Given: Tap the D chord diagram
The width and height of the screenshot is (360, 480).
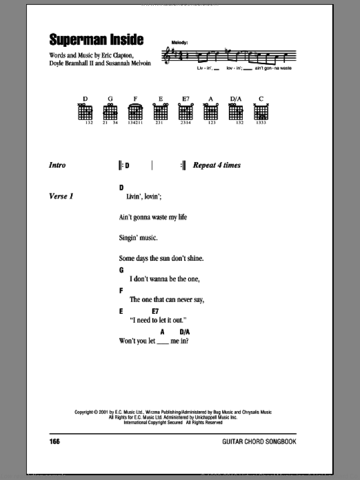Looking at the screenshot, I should coord(85,112).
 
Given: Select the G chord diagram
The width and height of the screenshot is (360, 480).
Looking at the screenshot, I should coord(110,112).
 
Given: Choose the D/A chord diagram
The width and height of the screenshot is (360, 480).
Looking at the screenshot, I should coord(236,112).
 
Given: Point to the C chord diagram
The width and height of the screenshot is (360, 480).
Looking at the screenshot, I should coord(261,112).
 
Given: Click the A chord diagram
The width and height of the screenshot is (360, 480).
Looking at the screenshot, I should coord(210,112).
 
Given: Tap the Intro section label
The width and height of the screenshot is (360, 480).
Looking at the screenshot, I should coord(57,165).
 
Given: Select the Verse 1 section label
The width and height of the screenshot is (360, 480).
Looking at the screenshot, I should coord(61,196).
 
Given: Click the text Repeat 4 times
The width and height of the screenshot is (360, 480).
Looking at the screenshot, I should coord(217,165).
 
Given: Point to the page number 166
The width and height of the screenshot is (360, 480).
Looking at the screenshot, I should coord(55,441).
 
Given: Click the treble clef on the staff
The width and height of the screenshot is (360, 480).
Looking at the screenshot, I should coord(167,56).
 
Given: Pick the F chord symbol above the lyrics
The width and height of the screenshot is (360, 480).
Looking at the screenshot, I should coord(121,290).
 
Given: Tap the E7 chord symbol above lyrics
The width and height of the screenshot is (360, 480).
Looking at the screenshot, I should coord(155,311).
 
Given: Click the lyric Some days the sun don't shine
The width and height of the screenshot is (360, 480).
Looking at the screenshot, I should coord(161,258).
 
